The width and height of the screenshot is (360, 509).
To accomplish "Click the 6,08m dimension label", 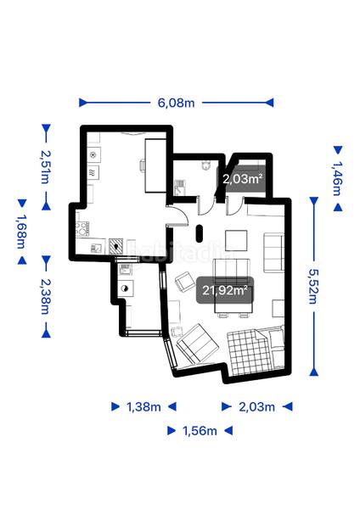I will (x=176, y=103).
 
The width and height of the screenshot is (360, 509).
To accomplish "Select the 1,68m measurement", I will (x=20, y=231).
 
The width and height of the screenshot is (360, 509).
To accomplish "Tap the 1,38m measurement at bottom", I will (x=143, y=407).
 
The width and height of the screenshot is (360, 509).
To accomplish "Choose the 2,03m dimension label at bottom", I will (x=257, y=407).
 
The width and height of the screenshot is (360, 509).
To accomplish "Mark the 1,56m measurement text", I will (x=200, y=431).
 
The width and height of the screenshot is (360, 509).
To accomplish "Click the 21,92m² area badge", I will (x=226, y=290).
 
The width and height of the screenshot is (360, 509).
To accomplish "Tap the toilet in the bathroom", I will (x=204, y=167).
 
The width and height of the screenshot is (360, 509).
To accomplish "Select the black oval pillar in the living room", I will (x=200, y=233).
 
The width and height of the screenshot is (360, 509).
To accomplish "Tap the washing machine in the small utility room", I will (x=125, y=288).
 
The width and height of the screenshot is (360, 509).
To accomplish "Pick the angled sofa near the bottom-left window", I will (x=194, y=343).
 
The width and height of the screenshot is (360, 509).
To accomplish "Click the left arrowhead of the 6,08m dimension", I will (x=83, y=103).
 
